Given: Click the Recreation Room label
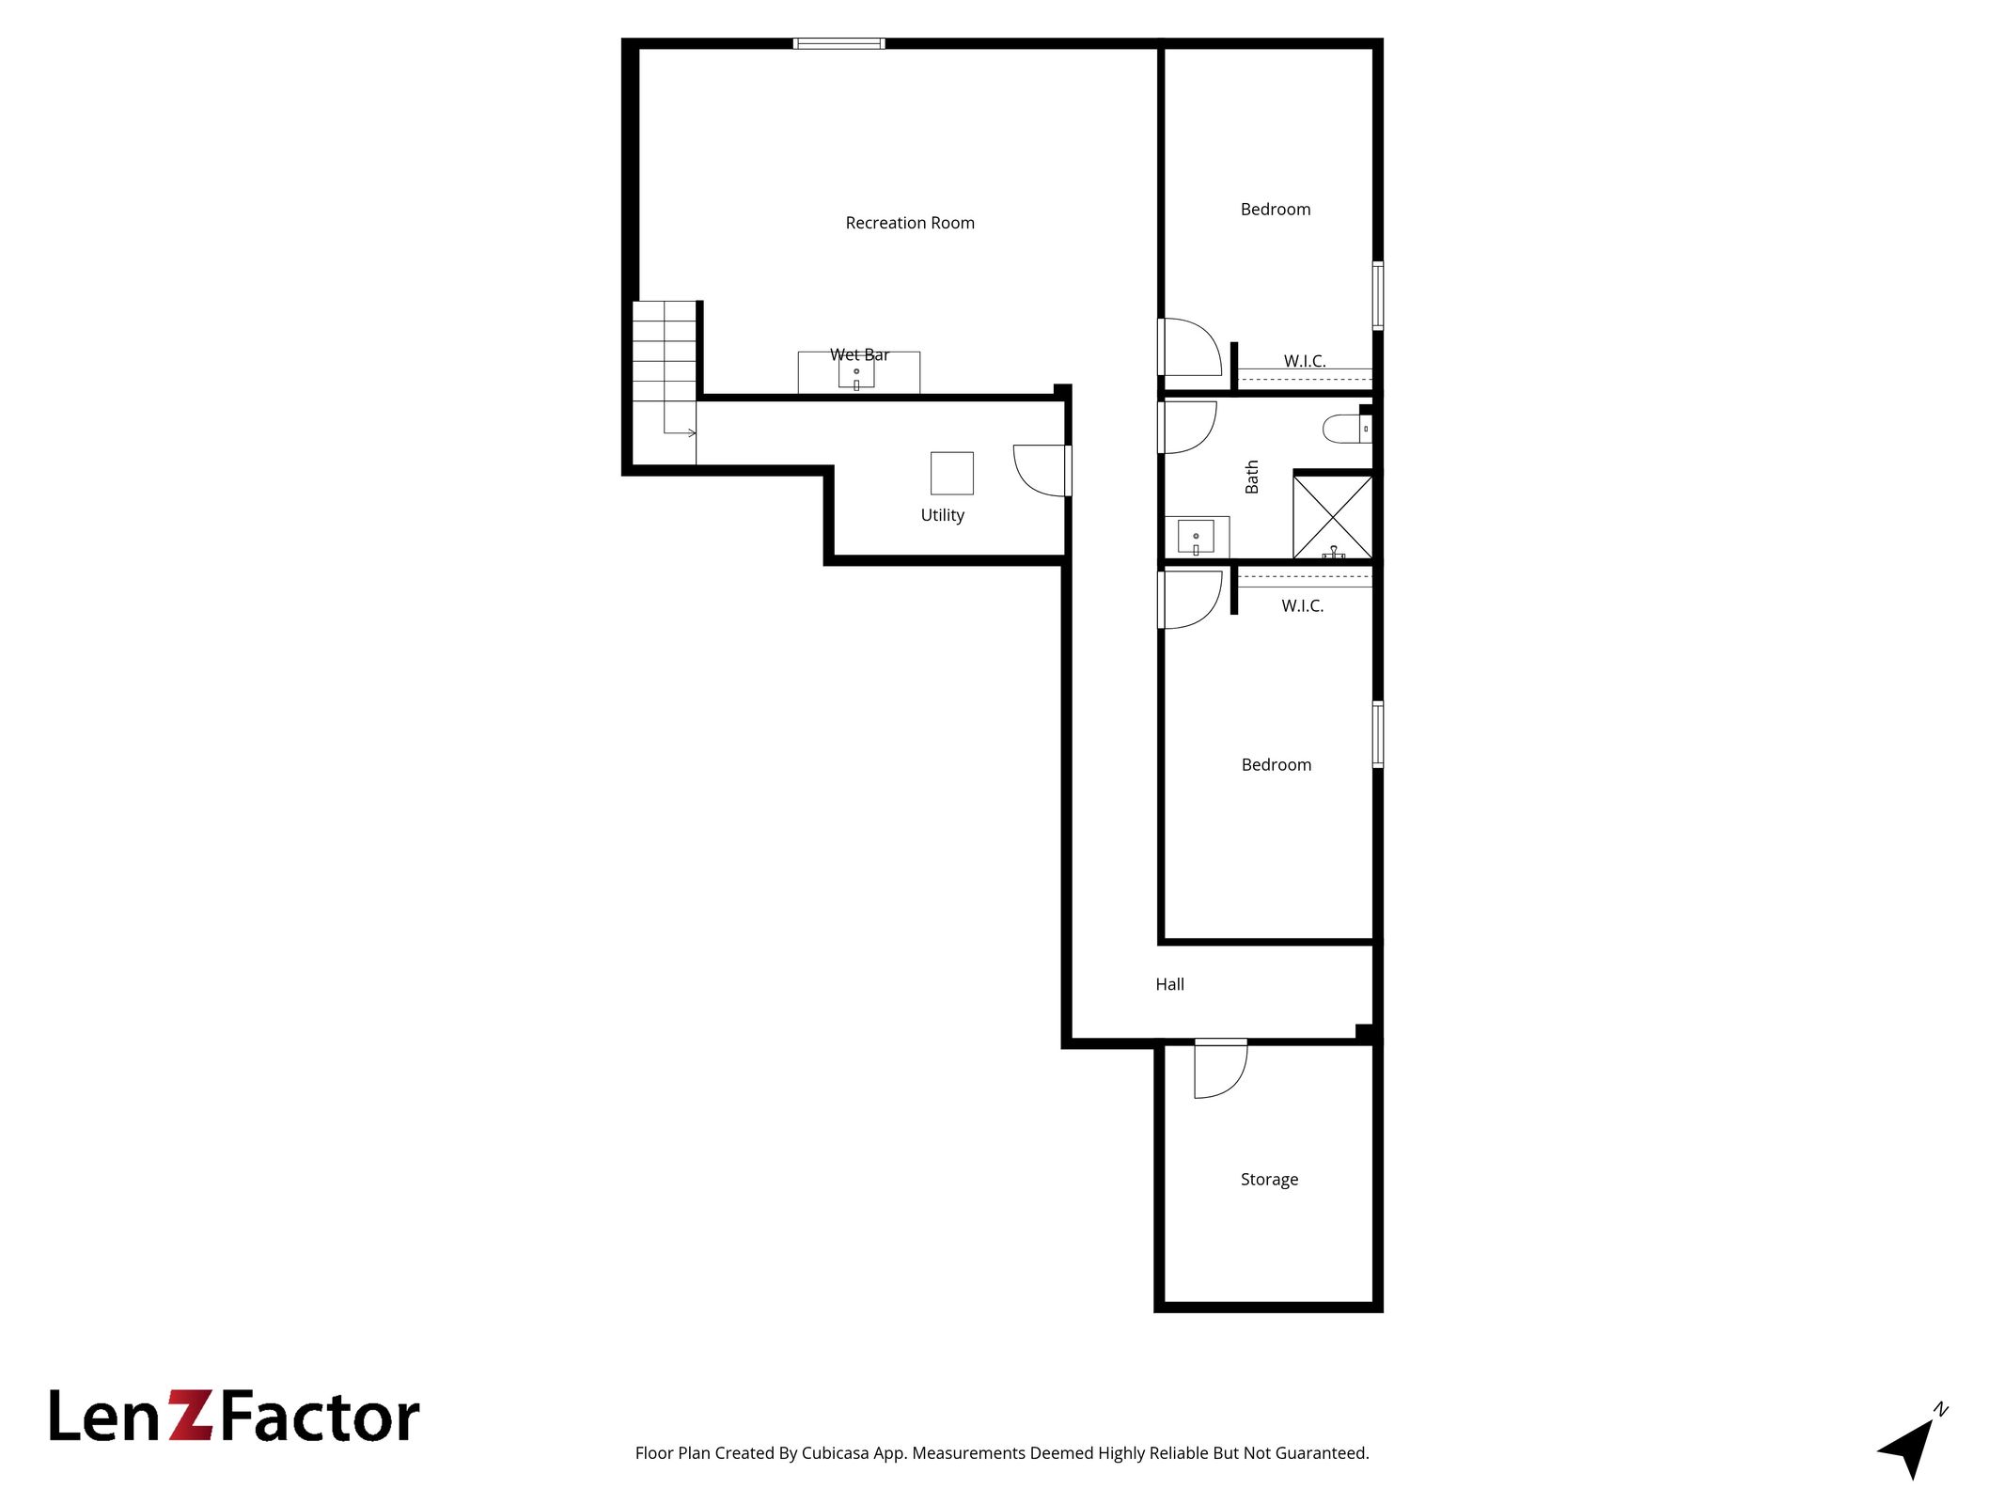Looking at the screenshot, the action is [x=909, y=223].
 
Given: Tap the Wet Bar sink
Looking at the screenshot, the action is [x=856, y=373].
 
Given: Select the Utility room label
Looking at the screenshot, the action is [x=942, y=515].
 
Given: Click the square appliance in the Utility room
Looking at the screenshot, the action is [x=951, y=473].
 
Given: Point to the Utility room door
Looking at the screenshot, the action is [x=1042, y=470].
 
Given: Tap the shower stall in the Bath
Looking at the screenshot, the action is [x=1333, y=518].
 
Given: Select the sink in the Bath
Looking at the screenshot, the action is [x=1196, y=537].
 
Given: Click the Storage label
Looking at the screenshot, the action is [x=1269, y=1180].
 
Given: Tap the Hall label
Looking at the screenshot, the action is [x=1169, y=984].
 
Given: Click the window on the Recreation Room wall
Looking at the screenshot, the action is [x=838, y=43].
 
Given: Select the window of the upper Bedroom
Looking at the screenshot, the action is [x=1377, y=295].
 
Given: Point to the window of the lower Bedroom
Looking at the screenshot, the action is [x=1377, y=734].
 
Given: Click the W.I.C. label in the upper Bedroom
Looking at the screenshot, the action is [x=1305, y=361].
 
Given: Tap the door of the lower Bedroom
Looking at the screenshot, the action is [x=1190, y=600].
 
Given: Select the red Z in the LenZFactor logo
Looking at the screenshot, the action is [x=191, y=1417].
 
